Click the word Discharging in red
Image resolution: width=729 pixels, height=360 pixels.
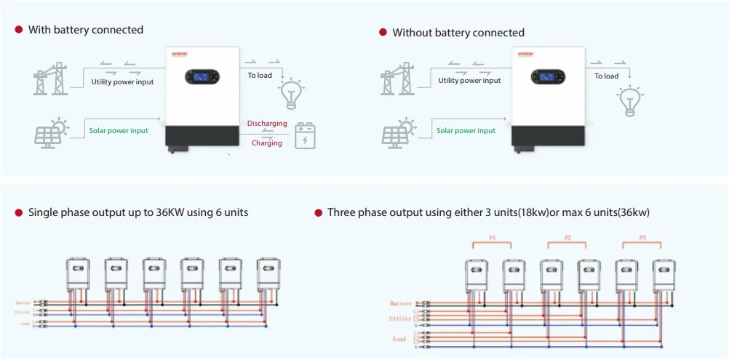[267, 124]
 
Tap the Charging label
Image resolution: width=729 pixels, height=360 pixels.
[267, 143]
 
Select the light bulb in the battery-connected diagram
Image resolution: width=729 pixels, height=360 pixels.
[292, 94]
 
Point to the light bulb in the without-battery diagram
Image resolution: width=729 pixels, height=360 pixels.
[629, 100]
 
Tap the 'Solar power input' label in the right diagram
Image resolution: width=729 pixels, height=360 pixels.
[466, 131]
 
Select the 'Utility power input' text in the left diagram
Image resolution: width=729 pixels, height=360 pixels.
[122, 82]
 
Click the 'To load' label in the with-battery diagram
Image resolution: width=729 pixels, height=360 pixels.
[260, 76]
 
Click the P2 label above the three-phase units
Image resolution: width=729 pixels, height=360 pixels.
[568, 238]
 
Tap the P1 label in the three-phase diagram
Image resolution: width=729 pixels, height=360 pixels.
[493, 238]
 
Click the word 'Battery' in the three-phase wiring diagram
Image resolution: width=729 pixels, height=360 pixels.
[401, 303]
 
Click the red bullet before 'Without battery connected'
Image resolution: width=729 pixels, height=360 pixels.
[383, 33]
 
